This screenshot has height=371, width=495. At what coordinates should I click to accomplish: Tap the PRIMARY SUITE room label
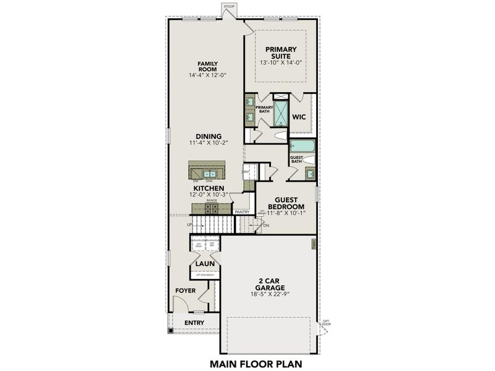pyautogui.click(x=281, y=53)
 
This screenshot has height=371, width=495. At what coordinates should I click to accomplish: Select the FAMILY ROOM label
pyautogui.click(x=207, y=67)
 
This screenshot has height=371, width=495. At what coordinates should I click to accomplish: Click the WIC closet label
pyautogui.click(x=299, y=116)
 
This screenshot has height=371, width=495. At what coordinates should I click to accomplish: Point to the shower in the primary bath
pyautogui.click(x=280, y=113)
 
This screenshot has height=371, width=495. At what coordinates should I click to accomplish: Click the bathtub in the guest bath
pyautogui.click(x=303, y=147)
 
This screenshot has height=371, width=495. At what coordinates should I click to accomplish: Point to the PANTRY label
pyautogui.click(x=242, y=211)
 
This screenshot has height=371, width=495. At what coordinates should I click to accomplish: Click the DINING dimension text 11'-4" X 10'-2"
pyautogui.click(x=209, y=143)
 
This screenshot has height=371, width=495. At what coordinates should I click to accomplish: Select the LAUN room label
pyautogui.click(x=205, y=263)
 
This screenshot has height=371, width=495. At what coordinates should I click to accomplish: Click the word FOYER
pyautogui.click(x=186, y=290)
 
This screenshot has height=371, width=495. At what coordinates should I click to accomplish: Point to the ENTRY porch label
pyautogui.click(x=194, y=322)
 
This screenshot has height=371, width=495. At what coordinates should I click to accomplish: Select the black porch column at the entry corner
pyautogui.click(x=169, y=331)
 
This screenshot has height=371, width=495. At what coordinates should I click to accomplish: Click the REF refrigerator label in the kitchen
pyautogui.click(x=246, y=171)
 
